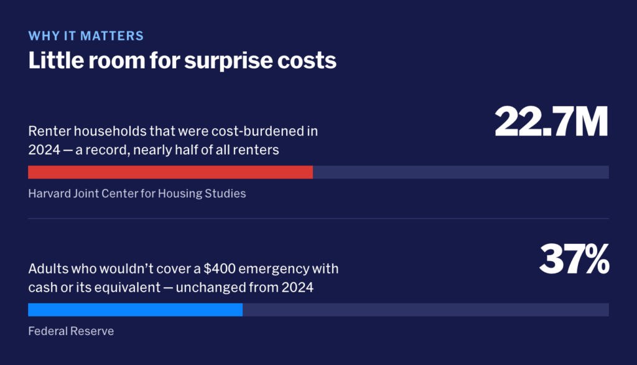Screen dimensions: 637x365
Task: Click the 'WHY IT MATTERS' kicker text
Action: pos(86,35)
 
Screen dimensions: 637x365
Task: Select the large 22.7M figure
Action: pos(551,121)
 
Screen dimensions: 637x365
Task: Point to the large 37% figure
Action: pos(574,259)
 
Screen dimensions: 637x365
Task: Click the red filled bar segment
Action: pos(170,172)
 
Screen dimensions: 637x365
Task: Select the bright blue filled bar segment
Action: pos(135,310)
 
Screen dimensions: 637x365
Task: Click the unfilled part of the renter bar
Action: pos(461,172)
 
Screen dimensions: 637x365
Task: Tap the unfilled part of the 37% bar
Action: pos(425,310)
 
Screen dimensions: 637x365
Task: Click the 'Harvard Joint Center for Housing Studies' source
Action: pos(137,193)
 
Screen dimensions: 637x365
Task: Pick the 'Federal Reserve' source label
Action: pos(71,331)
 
